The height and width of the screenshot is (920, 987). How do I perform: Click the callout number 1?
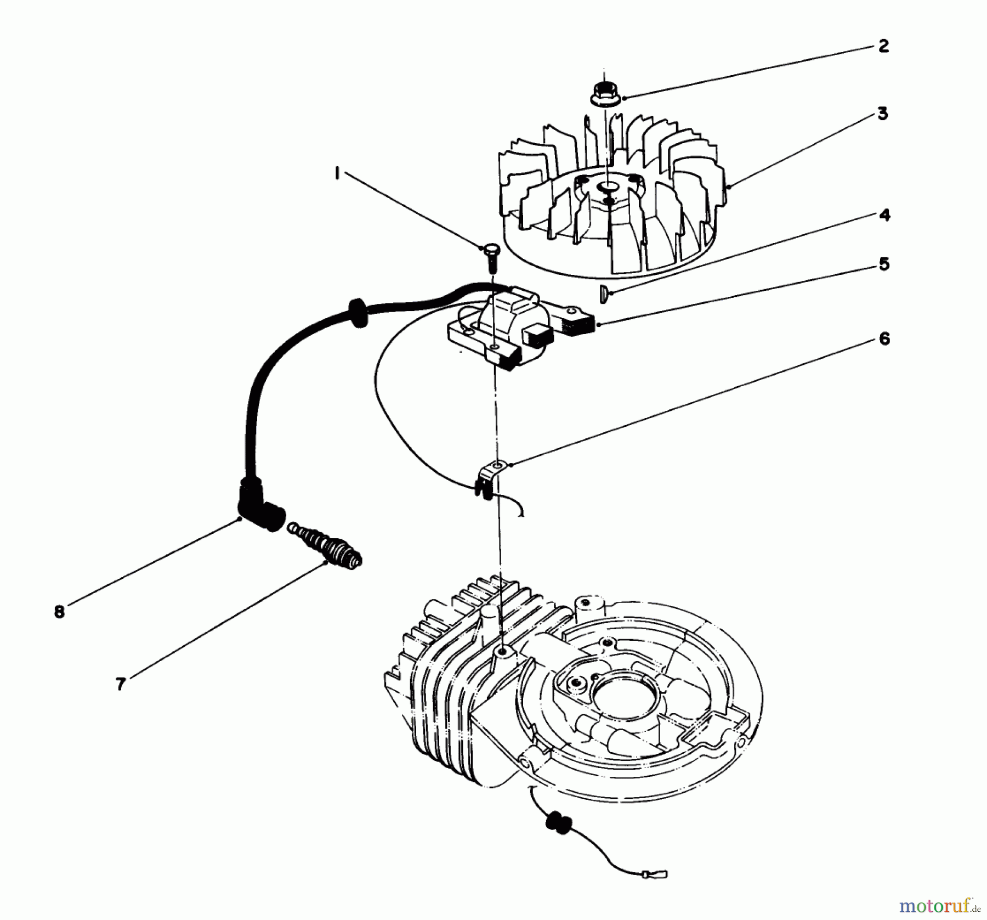pyautogui.click(x=337, y=174)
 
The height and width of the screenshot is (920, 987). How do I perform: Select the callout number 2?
pyautogui.click(x=883, y=46)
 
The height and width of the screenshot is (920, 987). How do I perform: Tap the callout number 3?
pyautogui.click(x=883, y=114)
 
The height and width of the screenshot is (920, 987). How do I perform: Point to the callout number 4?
pyautogui.click(x=884, y=215)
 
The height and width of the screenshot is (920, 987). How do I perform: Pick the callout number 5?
pyautogui.click(x=884, y=264)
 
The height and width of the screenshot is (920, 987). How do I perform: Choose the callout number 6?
pyautogui.click(x=884, y=339)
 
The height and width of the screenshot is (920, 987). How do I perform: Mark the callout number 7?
pyautogui.click(x=121, y=684)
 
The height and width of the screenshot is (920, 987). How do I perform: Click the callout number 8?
pyautogui.click(x=59, y=611)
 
